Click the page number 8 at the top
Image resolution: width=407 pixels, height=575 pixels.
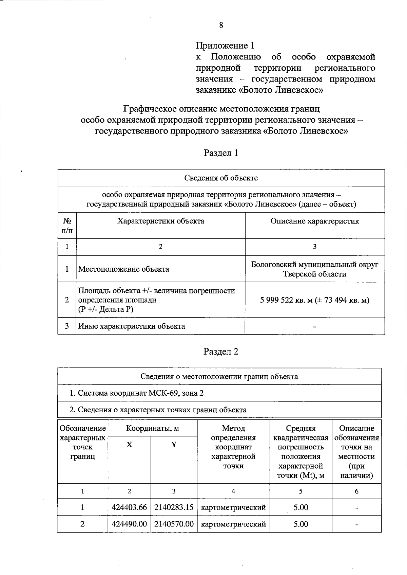(x=221, y=25)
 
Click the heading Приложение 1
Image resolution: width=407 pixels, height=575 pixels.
(x=225, y=46)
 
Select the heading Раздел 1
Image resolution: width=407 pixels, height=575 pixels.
(x=221, y=153)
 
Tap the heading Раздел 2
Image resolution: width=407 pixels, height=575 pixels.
(x=221, y=352)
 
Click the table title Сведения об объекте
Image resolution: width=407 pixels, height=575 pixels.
(x=221, y=178)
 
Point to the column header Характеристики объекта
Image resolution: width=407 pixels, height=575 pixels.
(x=160, y=221)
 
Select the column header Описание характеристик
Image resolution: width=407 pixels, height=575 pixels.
(x=314, y=221)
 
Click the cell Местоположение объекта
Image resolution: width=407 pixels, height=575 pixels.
(x=124, y=269)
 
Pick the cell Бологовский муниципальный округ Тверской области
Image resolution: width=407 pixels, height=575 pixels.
(x=314, y=269)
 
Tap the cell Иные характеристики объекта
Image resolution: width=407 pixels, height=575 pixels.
(x=132, y=326)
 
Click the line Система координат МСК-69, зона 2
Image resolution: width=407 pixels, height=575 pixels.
(x=137, y=393)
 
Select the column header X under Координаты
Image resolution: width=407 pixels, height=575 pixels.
(x=129, y=445)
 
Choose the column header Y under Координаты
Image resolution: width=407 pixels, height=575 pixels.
(x=174, y=445)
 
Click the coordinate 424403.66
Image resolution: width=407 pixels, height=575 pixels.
(x=129, y=507)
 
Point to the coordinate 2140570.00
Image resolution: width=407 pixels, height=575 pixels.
(x=174, y=524)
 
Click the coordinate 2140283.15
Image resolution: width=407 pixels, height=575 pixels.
(x=174, y=507)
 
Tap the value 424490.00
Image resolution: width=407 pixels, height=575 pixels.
(x=129, y=524)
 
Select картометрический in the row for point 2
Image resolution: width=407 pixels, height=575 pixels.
(x=233, y=524)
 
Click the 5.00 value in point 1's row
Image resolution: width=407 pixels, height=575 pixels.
(x=301, y=507)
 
